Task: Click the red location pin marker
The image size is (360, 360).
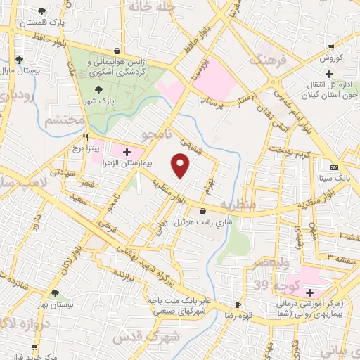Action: click(x=181, y=166)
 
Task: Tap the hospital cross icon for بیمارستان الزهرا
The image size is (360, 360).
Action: click(x=127, y=151)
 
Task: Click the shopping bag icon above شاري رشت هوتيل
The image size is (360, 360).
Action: click(x=203, y=211)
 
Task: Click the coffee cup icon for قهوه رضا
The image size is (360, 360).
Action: click(x=238, y=304)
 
